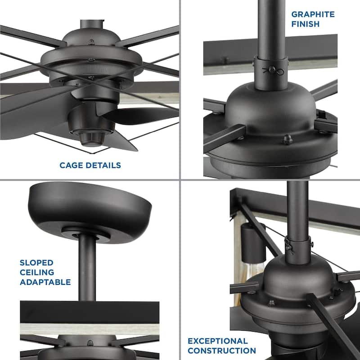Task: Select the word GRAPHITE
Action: [313, 14]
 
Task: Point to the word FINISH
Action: [306, 24]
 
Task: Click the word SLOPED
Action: [36, 262]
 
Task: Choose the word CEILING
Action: [37, 272]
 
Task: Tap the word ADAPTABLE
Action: [45, 282]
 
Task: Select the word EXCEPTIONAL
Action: [218, 341]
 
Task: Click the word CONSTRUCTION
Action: [222, 351]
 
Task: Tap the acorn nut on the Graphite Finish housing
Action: [287, 140]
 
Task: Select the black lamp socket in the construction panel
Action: [248, 237]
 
